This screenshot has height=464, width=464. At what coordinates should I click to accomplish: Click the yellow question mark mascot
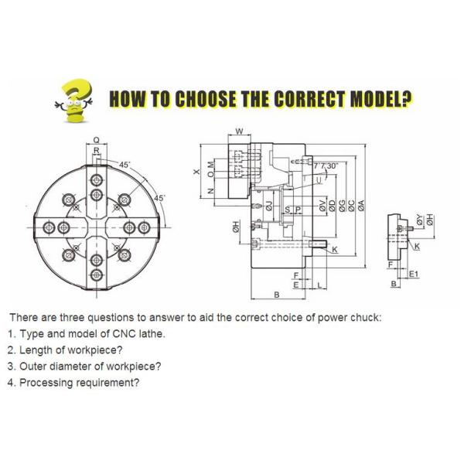(74, 101)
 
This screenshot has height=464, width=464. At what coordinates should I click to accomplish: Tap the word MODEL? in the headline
(381, 98)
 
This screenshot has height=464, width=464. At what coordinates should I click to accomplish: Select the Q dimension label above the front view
(97, 140)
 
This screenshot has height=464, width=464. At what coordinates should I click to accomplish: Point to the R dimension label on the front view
(97, 150)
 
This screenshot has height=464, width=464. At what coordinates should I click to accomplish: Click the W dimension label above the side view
(240, 131)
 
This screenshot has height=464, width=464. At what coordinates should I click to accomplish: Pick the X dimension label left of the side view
(196, 172)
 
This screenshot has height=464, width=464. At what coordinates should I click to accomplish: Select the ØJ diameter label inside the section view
(269, 206)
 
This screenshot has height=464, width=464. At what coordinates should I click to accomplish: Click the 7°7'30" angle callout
(326, 165)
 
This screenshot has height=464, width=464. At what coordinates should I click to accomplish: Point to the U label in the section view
(319, 180)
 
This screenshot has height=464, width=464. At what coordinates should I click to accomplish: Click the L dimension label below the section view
(319, 285)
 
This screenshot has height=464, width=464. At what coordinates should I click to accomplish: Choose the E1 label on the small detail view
(414, 274)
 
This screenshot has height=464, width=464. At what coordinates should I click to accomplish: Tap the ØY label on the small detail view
(419, 220)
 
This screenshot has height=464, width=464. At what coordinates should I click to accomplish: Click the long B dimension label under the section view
(277, 295)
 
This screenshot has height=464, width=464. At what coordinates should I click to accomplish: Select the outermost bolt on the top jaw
(97, 179)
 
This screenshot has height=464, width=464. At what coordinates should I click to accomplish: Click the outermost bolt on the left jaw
(49, 227)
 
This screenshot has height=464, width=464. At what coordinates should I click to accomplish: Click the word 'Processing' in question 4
(46, 383)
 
